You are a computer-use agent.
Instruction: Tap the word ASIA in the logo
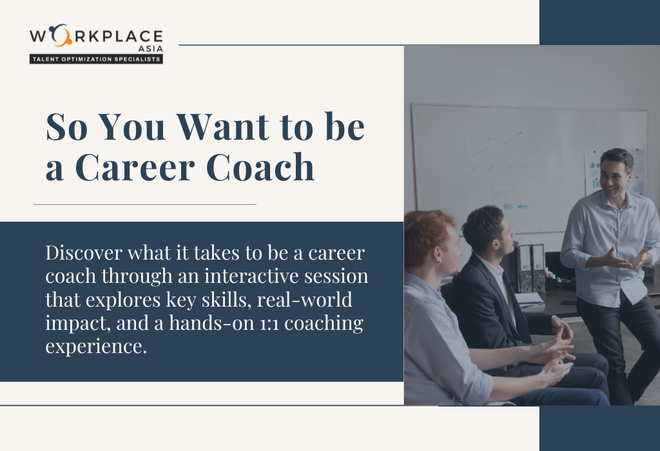pyautogui.click(x=150, y=49)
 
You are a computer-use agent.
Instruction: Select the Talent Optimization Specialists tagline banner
pyautogui.click(x=96, y=59)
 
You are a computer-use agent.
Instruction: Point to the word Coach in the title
pyautogui.click(x=260, y=167)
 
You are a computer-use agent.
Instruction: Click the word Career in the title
pyautogui.click(x=135, y=168)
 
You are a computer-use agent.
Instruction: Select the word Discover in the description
pyautogui.click(x=84, y=253)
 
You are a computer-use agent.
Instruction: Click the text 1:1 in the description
pyautogui.click(x=269, y=323)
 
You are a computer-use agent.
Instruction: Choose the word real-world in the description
pyautogui.click(x=304, y=300)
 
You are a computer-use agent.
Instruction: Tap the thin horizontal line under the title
pyautogui.click(x=145, y=204)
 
